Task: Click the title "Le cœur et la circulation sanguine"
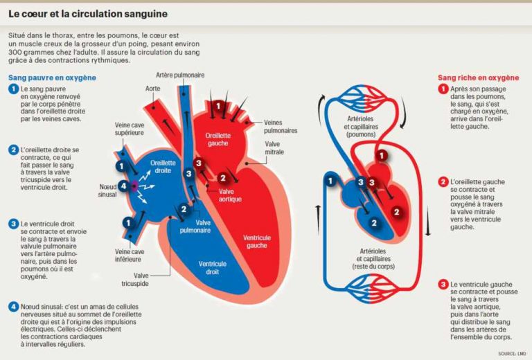(87, 14)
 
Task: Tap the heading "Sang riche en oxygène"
(479, 78)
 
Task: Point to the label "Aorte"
(153, 89)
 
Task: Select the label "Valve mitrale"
(276, 149)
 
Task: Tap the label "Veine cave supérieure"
(130, 129)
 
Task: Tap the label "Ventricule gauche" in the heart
(258, 242)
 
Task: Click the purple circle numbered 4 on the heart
(123, 186)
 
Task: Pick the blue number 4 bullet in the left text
(13, 307)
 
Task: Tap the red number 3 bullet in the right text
(443, 285)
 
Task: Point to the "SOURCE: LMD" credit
(512, 354)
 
